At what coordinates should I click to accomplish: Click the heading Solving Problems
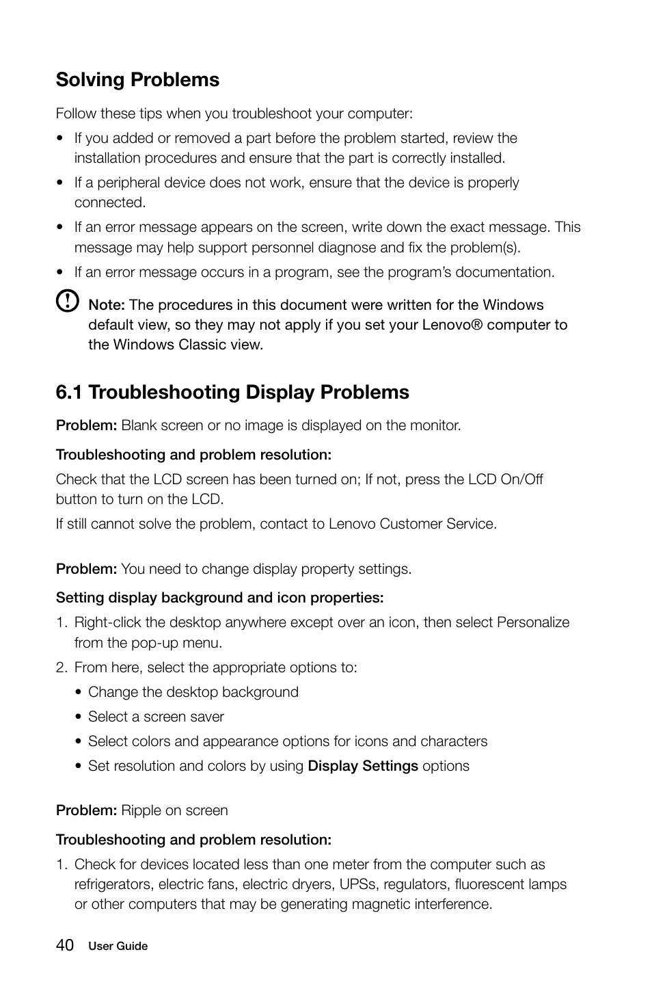[x=137, y=80]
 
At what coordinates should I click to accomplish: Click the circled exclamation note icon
[x=67, y=301]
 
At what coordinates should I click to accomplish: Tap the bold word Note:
[x=107, y=305]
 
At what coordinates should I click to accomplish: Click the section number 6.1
[x=70, y=393]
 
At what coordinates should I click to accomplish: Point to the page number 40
[x=65, y=945]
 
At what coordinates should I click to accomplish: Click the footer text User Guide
[x=118, y=946]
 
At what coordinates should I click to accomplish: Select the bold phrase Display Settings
[x=363, y=766]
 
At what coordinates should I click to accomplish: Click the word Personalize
[x=533, y=622]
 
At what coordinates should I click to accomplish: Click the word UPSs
[x=357, y=884]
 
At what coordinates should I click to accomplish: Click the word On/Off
[x=521, y=479]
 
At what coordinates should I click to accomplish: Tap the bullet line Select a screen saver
[x=156, y=717]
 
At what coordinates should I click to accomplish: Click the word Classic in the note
[x=202, y=345]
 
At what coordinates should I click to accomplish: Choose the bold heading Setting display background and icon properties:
[x=219, y=598]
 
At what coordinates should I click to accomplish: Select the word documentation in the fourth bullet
[x=504, y=272]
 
